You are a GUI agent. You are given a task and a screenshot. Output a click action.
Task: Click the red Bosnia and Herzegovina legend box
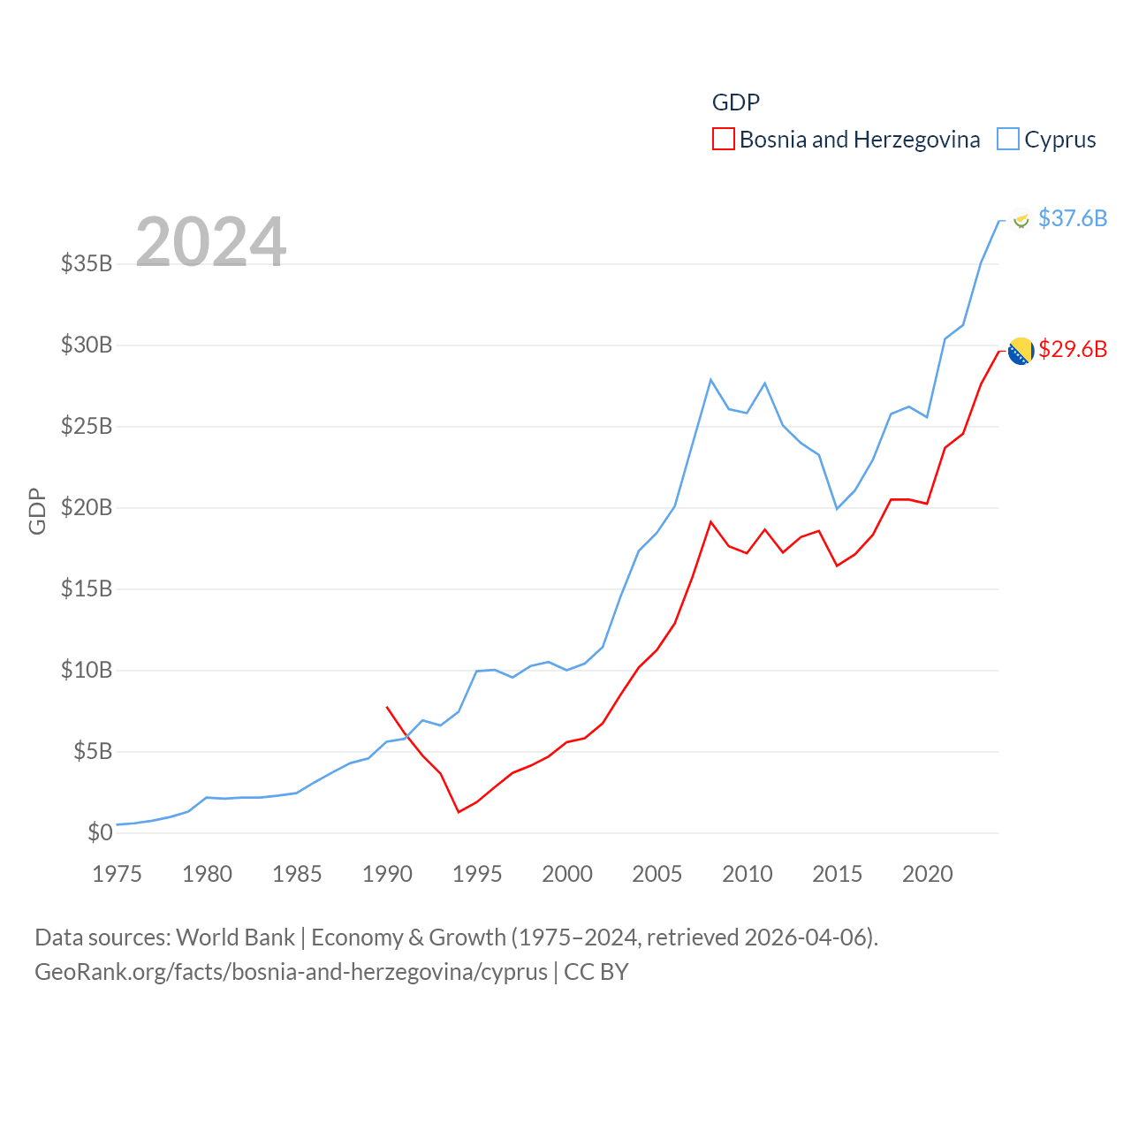pyautogui.click(x=723, y=140)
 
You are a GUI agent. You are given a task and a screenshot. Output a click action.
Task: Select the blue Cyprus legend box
pyautogui.click(x=1007, y=140)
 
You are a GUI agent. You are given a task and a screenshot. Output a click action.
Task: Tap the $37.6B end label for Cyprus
pyautogui.click(x=1072, y=218)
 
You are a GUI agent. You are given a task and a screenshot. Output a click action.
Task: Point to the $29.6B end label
pyautogui.click(x=1072, y=349)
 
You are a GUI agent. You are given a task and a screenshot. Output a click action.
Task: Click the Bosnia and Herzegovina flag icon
pyautogui.click(x=1021, y=351)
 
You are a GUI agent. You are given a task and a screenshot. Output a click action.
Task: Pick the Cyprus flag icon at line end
pyautogui.click(x=1021, y=219)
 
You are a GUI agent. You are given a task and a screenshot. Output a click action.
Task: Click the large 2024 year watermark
pyautogui.click(x=210, y=241)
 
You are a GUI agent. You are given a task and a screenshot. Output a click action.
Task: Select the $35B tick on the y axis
pyautogui.click(x=87, y=263)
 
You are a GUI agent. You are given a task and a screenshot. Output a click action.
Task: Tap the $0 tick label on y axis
pyautogui.click(x=100, y=832)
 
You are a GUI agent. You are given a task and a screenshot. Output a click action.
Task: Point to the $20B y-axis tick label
pyautogui.click(x=87, y=507)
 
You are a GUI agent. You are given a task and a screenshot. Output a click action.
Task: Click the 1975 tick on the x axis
pyautogui.click(x=118, y=874)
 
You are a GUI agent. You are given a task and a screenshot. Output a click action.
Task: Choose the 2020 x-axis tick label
pyautogui.click(x=927, y=874)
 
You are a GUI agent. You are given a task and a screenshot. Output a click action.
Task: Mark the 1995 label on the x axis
pyautogui.click(x=477, y=874)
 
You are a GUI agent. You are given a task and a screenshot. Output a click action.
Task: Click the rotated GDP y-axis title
pyautogui.click(x=37, y=511)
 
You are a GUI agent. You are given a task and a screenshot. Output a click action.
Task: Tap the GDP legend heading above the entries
pyautogui.click(x=736, y=102)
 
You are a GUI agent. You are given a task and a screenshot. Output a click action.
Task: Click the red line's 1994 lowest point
pyautogui.click(x=459, y=812)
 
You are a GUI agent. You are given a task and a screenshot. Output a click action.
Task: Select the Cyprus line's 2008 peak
pyautogui.click(x=710, y=379)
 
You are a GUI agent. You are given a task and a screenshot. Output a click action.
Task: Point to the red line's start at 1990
pyautogui.click(x=387, y=707)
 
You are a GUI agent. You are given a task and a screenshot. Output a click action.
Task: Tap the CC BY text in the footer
pyautogui.click(x=596, y=972)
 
